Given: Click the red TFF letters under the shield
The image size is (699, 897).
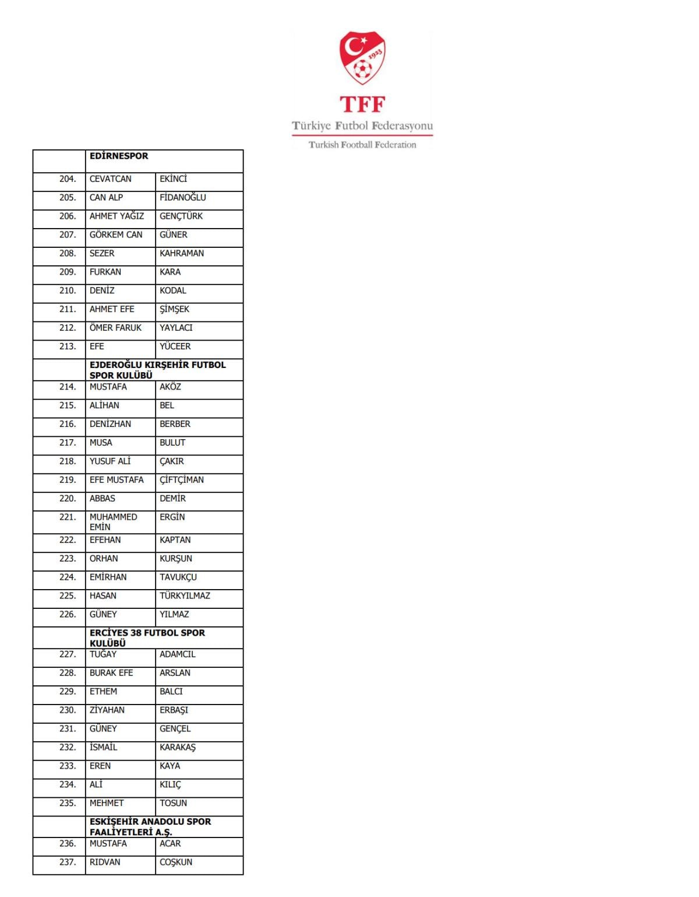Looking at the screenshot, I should coord(362,104).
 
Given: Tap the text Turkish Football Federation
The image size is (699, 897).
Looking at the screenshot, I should coord(362,145).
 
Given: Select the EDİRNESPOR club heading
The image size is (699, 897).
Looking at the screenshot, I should coord(119,156).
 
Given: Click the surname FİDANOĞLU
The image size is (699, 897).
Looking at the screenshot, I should coord(183,198).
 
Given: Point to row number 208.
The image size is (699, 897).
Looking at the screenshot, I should coord(68,254).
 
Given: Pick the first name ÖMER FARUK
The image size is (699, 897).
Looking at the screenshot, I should coord(115,328).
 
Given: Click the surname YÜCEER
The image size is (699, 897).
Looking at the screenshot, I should coord(175,346).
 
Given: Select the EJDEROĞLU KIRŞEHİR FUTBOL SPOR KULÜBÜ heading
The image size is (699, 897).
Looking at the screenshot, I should coord(157,370).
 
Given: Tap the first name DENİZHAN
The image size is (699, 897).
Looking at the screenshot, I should coord(110,424).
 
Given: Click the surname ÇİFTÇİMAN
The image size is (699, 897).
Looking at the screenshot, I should coord(182,480).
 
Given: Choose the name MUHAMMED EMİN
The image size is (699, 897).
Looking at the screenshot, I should coord(113,521).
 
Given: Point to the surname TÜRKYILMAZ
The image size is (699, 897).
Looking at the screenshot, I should coord(185,595).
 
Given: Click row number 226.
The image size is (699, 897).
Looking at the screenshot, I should coord(68,614).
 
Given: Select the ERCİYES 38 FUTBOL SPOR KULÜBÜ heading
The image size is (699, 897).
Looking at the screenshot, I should coord(147,637).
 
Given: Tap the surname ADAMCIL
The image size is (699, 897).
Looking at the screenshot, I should coord(177,654).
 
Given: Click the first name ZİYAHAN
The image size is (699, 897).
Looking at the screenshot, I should coord(107,710).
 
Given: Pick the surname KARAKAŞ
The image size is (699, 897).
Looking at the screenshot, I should coord(178,748).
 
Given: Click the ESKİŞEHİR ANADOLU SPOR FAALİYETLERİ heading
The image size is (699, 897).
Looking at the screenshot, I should coord(150,826).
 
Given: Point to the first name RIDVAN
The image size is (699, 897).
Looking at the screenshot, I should coord(105,862).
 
